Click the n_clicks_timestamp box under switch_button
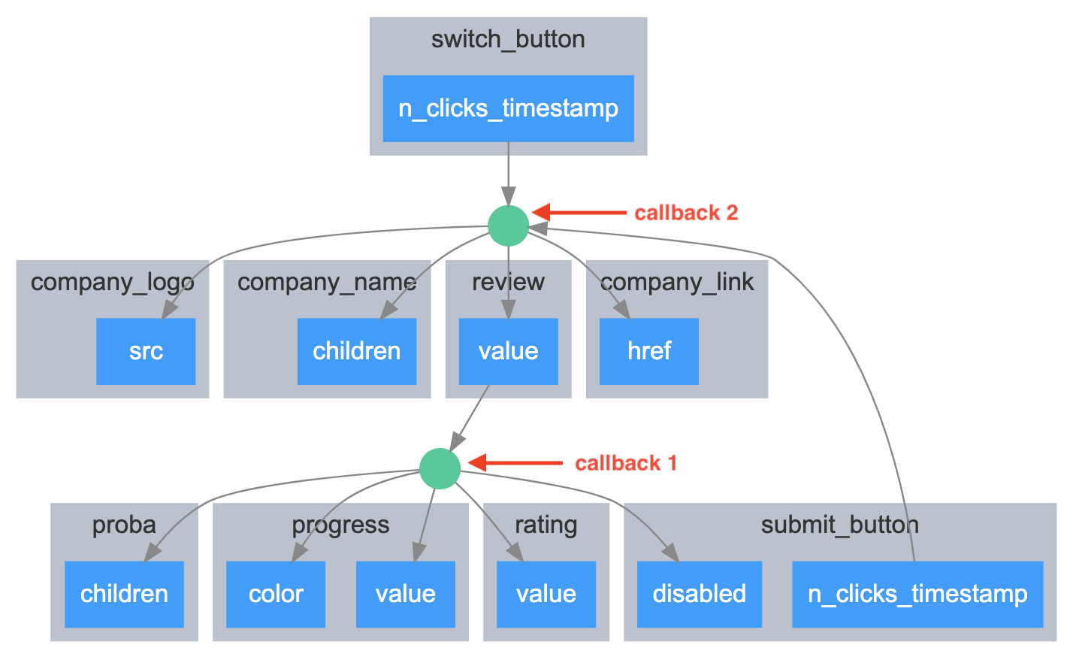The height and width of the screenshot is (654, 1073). pyautogui.click(x=508, y=108)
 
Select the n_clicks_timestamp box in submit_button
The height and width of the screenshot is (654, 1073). pyautogui.click(x=917, y=594)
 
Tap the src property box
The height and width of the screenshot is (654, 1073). pyautogui.click(x=146, y=351)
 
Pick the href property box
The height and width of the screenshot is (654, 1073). pyautogui.click(x=649, y=351)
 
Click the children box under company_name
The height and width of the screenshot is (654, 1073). pyautogui.click(x=357, y=351)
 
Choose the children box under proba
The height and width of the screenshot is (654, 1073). pyautogui.click(x=124, y=594)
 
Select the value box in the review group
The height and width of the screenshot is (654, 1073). pyautogui.click(x=508, y=351)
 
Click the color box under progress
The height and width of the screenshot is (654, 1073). pyautogui.click(x=276, y=594)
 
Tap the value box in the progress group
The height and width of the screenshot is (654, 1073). pyautogui.click(x=406, y=594)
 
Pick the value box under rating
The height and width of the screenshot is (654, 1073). pyautogui.click(x=546, y=594)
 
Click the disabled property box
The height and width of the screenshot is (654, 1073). pyautogui.click(x=700, y=594)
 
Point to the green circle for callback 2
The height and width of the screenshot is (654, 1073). pyautogui.click(x=508, y=226)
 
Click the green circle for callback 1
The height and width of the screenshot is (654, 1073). pyautogui.click(x=440, y=469)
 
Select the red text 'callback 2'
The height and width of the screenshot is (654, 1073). pyautogui.click(x=686, y=213)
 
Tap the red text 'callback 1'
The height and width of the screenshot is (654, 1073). pyautogui.click(x=626, y=463)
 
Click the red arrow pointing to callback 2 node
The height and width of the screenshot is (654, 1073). pyautogui.click(x=579, y=212)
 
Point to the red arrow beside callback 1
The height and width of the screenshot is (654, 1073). pyautogui.click(x=515, y=463)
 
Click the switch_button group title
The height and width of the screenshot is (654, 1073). pyautogui.click(x=508, y=39)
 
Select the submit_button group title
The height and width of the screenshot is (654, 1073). pyautogui.click(x=840, y=525)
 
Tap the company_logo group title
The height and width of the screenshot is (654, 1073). pyautogui.click(x=113, y=282)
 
